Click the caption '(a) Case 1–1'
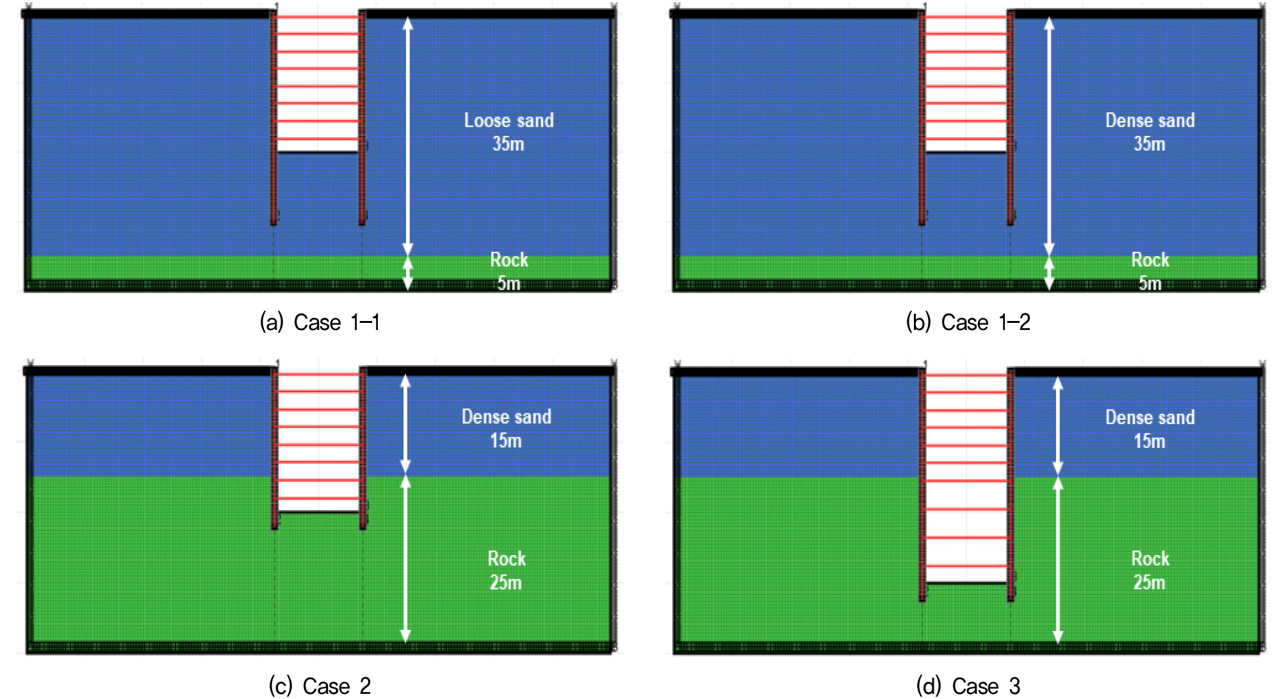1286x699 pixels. (320, 322)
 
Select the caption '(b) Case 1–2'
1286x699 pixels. (968, 322)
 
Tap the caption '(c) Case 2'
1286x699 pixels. (320, 686)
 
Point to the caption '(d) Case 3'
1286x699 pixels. (968, 686)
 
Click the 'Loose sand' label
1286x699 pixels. (509, 120)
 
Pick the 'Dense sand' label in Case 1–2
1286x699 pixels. (1150, 120)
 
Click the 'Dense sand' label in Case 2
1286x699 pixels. (507, 417)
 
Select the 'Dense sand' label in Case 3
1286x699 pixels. (1150, 418)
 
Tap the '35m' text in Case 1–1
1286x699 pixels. (509, 144)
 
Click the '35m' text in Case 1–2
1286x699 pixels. (1150, 144)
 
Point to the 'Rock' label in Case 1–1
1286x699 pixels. (509, 260)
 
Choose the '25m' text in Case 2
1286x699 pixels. (506, 583)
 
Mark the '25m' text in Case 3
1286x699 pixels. (1150, 583)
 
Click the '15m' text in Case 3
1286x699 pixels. (1150, 441)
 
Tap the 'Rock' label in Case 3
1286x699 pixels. (1150, 559)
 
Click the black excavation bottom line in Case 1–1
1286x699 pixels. (318, 152)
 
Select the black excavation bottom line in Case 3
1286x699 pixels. (966, 583)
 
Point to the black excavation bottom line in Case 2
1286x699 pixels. (319, 512)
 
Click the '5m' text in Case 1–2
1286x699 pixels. (1150, 283)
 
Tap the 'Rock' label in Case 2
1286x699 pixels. (507, 559)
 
